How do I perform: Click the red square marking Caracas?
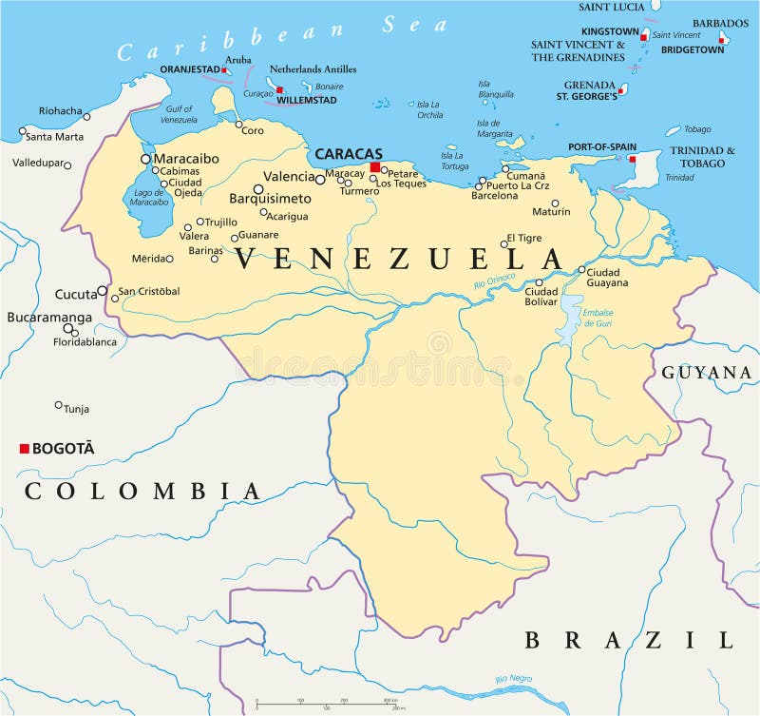(x=375, y=167)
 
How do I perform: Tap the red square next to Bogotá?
(x=24, y=449)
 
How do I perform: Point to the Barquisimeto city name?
(x=271, y=199)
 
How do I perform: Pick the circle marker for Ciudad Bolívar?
(x=539, y=282)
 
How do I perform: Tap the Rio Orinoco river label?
(x=495, y=281)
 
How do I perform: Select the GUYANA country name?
(x=707, y=373)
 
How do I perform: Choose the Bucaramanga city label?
(x=49, y=318)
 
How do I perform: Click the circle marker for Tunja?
(x=59, y=405)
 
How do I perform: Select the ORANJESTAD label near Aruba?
(x=189, y=68)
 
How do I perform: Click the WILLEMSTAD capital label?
(x=306, y=100)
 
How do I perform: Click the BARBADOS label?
(x=720, y=23)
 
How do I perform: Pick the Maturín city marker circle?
(x=555, y=203)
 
